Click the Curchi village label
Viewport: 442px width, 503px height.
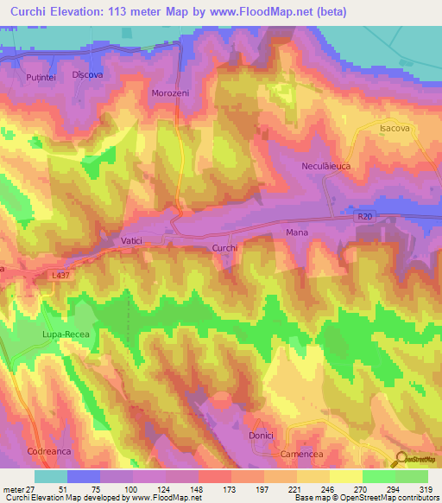point(224,248)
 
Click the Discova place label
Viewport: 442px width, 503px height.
point(88,74)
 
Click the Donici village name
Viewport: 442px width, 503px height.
point(261,436)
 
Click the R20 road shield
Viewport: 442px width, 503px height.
point(367,220)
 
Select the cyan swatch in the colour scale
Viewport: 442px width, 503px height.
point(50,476)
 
